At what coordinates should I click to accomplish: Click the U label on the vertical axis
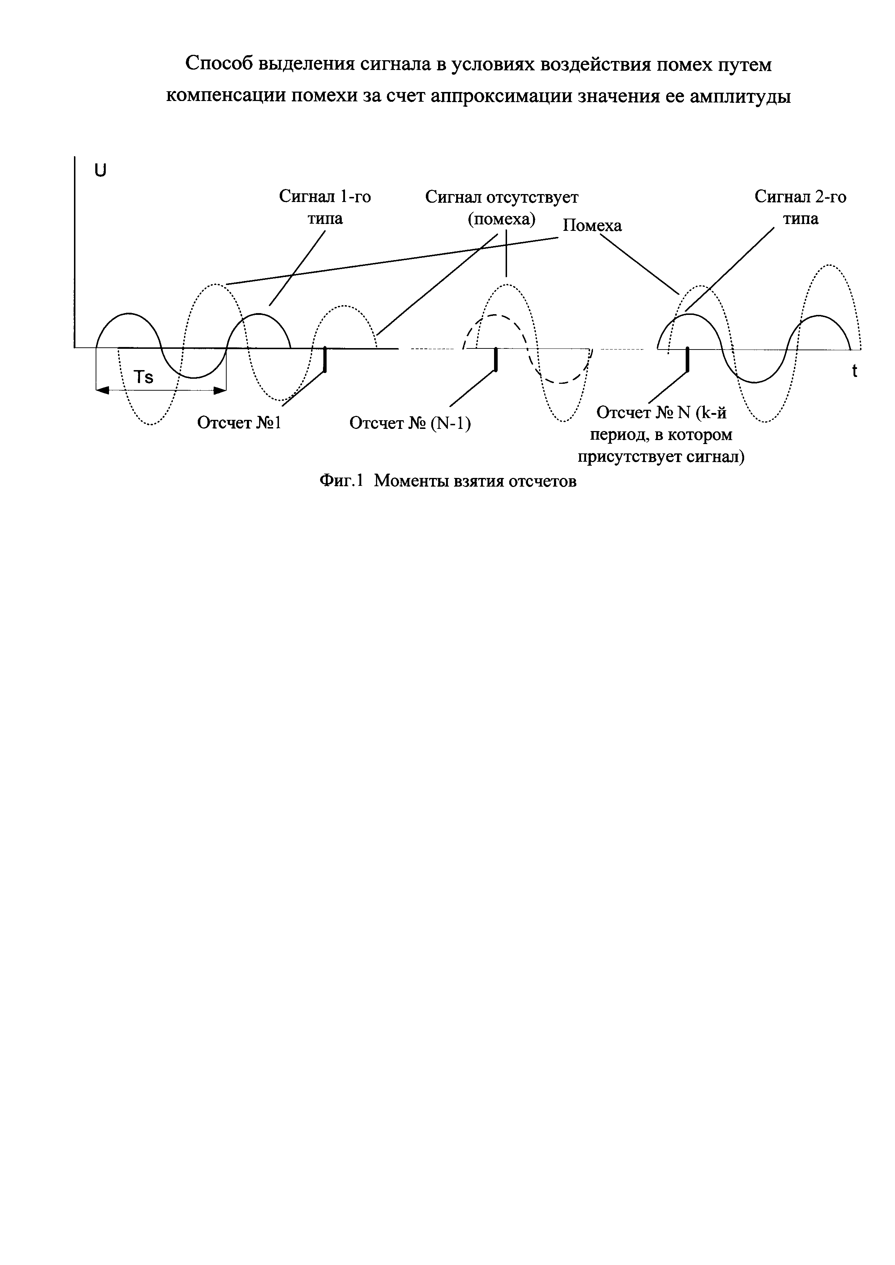click(x=100, y=171)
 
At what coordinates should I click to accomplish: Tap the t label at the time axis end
click(x=854, y=371)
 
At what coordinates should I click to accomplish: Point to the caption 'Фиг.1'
click(x=342, y=481)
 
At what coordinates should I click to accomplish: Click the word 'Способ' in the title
click(x=218, y=64)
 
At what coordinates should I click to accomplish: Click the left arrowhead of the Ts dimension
click(x=102, y=390)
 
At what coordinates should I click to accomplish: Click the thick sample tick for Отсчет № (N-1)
click(x=497, y=359)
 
